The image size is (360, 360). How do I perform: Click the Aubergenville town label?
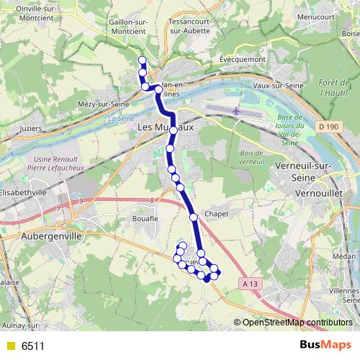(52, 235)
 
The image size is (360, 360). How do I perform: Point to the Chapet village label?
(216, 214)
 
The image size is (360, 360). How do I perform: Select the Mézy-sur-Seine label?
(107, 104)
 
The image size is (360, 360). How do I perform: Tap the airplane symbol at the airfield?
(238, 111)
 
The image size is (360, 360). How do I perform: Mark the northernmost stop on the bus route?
(142, 60)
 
